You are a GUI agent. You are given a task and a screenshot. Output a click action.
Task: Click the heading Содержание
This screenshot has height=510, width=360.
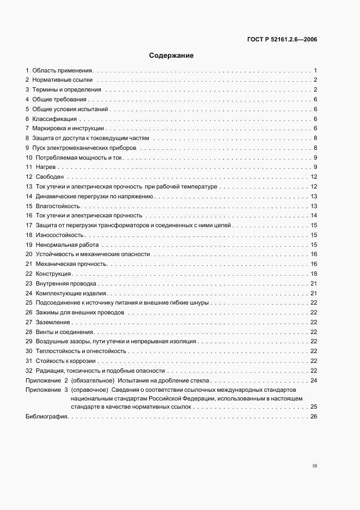[x=172, y=56]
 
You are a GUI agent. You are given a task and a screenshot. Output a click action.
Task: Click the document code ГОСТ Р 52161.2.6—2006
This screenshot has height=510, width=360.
[x=279, y=39]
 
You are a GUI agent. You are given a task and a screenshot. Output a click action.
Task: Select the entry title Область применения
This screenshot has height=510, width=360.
[x=63, y=71]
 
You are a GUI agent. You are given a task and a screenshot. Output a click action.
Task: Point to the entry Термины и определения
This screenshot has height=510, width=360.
[x=66, y=90]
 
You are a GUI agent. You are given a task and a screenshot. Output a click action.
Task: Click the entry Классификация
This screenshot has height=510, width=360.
[x=55, y=119]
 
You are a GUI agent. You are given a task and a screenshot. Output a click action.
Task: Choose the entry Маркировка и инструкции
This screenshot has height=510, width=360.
[x=68, y=128]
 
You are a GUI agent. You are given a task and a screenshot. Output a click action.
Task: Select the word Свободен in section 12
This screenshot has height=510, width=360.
[x=50, y=177]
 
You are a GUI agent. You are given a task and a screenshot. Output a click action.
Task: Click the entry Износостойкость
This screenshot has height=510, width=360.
[x=59, y=235]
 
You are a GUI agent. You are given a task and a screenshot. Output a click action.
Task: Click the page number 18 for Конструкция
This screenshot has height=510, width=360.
[x=314, y=274]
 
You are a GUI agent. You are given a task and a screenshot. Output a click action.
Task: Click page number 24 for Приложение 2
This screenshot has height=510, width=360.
[x=314, y=380]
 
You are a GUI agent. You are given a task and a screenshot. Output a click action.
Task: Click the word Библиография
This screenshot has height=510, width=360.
[x=46, y=417]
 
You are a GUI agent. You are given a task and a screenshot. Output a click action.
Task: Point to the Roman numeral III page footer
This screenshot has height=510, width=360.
[x=314, y=466]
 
